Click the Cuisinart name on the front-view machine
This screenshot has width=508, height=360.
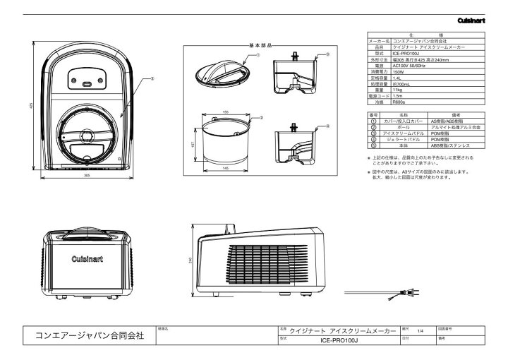[87, 259]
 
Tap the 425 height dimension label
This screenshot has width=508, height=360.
[30, 106]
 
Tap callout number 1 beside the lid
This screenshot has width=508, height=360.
[258, 54]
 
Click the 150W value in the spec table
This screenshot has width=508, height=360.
[399, 71]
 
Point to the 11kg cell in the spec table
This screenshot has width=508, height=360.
[397, 90]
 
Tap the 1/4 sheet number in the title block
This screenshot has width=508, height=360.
[420, 330]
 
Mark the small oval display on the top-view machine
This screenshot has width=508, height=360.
[87, 84]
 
